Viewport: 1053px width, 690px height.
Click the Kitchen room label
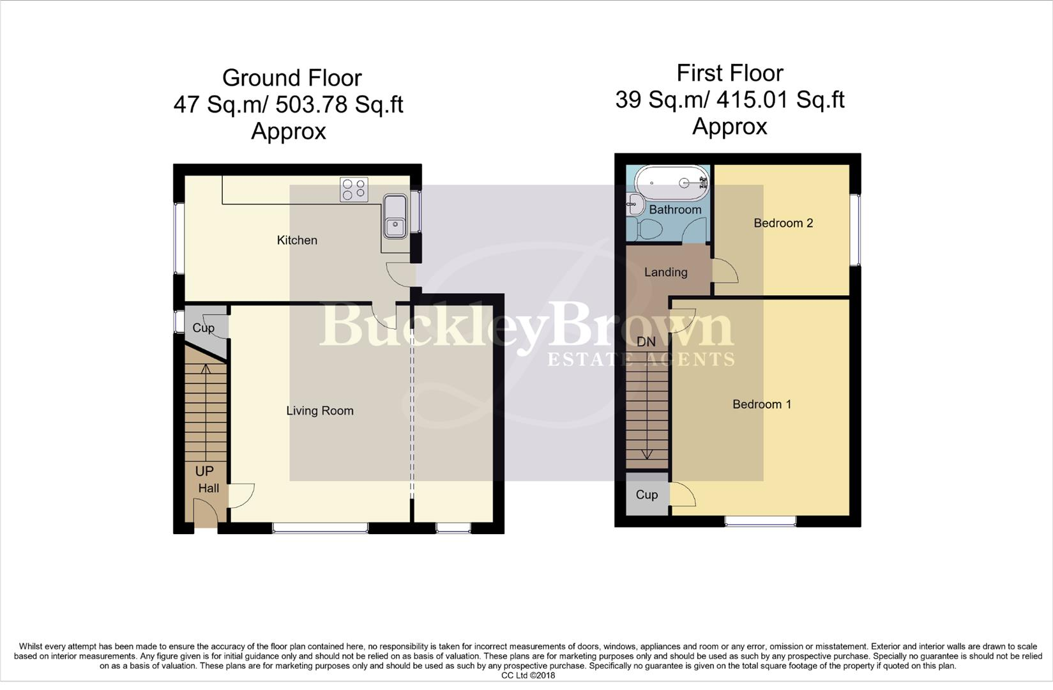297,240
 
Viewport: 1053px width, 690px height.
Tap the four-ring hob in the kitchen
354,189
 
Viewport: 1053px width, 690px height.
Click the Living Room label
319,411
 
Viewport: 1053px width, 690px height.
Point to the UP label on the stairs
204,471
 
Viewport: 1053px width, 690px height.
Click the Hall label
208,488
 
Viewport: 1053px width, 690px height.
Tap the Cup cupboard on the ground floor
203,328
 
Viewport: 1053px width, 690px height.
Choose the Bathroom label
675,210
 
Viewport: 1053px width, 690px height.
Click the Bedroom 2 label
783,223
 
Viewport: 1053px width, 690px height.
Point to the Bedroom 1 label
761,404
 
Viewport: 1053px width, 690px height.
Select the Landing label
665,272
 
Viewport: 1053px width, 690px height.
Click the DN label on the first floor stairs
646,342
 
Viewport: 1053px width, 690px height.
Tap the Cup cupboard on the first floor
647,494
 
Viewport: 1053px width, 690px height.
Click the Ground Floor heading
292,78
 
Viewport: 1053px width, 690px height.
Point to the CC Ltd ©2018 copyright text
527,675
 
